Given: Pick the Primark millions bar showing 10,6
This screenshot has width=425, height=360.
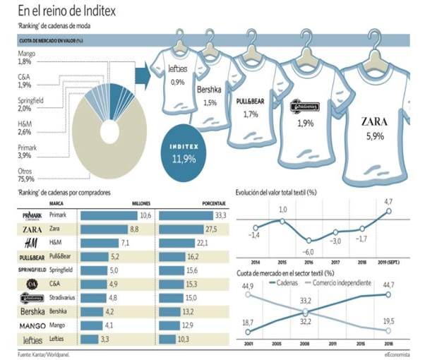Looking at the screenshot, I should (117, 215).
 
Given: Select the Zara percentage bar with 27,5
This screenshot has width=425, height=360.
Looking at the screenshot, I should (190, 229).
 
